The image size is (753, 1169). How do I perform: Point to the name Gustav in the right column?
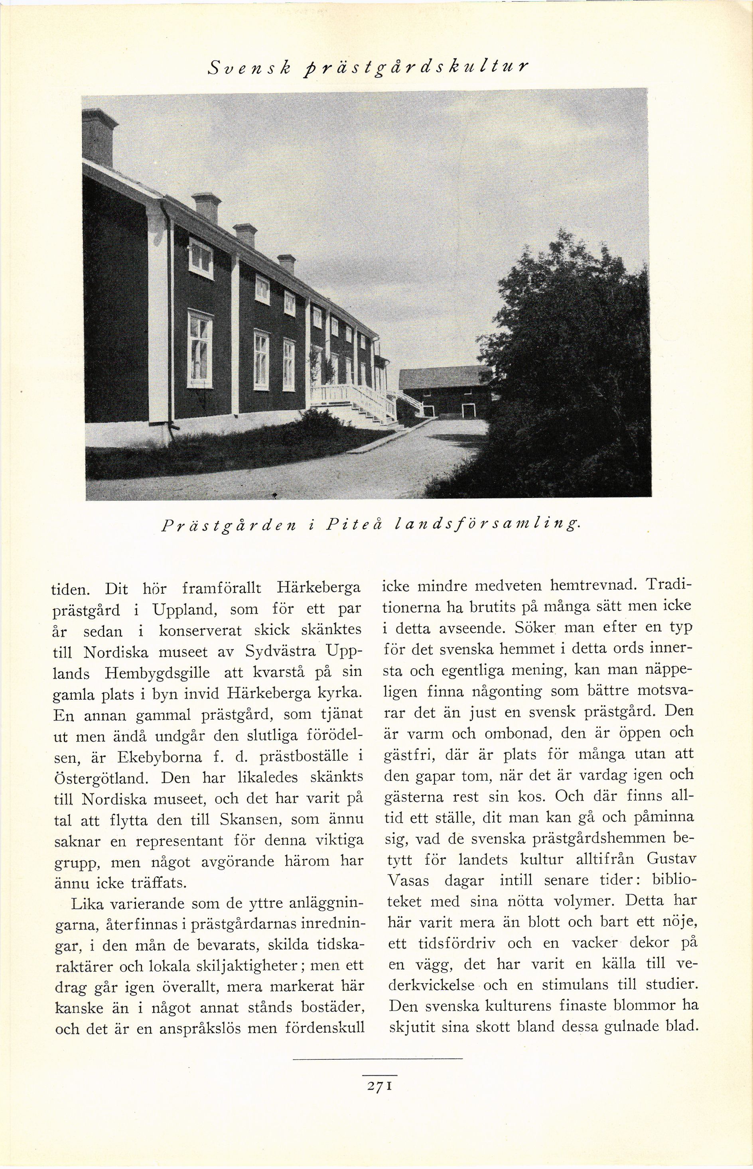point(671,859)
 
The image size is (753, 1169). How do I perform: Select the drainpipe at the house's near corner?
point(169,313)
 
